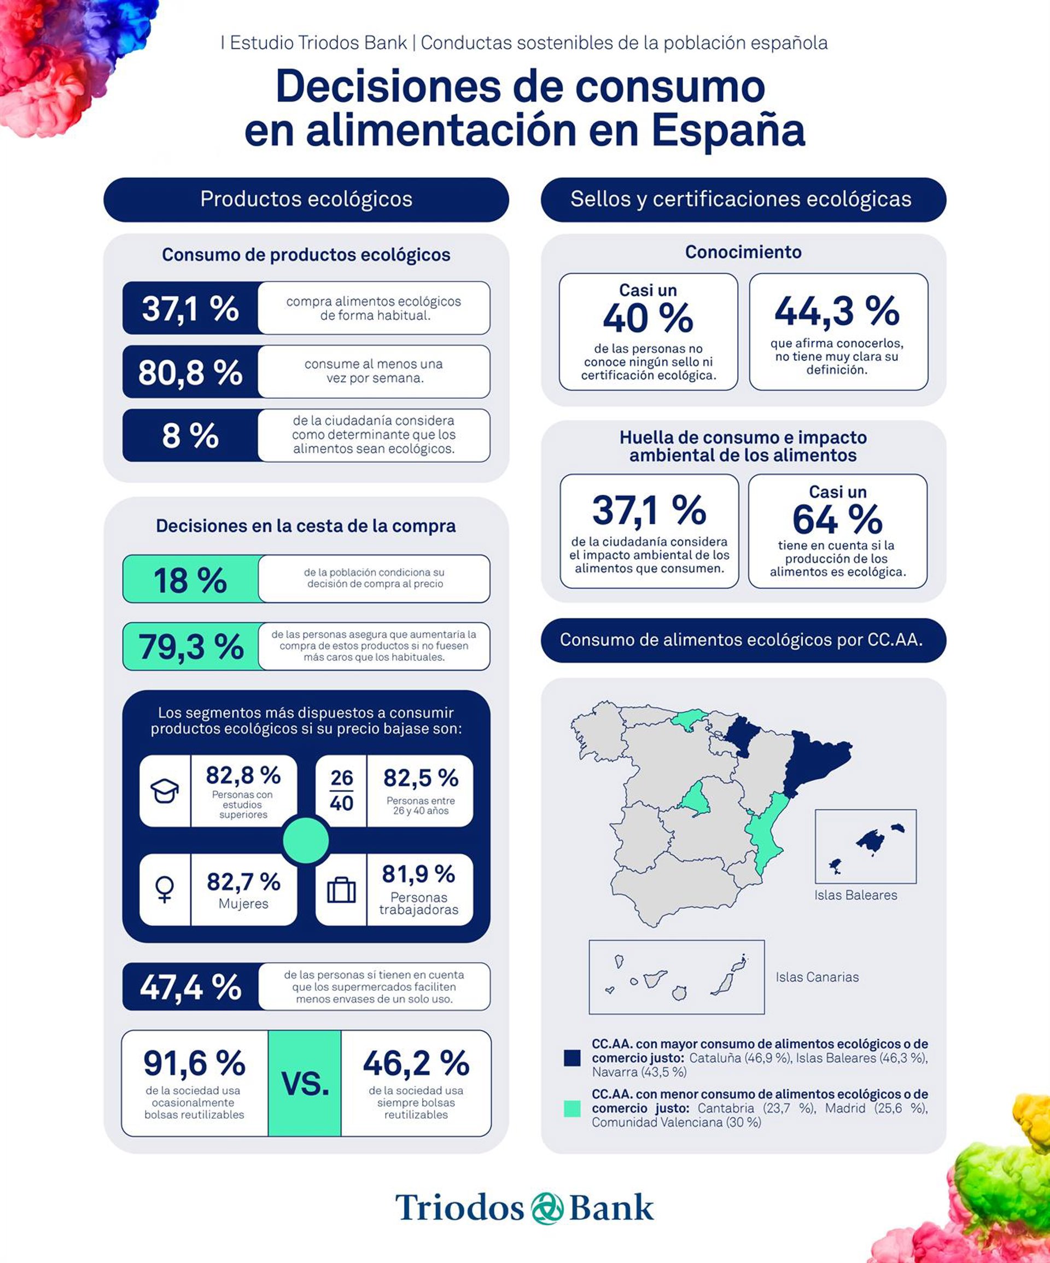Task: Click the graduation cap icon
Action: pyautogui.click(x=164, y=791)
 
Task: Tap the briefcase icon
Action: pyautogui.click(x=341, y=890)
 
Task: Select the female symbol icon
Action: pyautogui.click(x=164, y=890)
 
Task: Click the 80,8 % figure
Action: pyautogui.click(x=190, y=372)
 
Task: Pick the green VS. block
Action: pyautogui.click(x=305, y=1083)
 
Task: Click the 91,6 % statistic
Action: pyautogui.click(x=194, y=1063)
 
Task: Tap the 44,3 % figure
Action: pyautogui.click(x=837, y=311)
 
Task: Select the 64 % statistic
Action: pyautogui.click(x=837, y=518)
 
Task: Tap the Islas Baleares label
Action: pyautogui.click(x=856, y=895)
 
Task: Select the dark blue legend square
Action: pyautogui.click(x=571, y=1058)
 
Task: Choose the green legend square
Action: pyautogui.click(x=571, y=1108)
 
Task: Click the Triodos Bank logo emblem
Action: pyautogui.click(x=547, y=1208)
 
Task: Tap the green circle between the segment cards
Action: pyautogui.click(x=306, y=840)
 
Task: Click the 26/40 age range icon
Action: pyautogui.click(x=341, y=791)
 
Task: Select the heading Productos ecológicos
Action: pyautogui.click(x=306, y=199)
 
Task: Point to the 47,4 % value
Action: pyautogui.click(x=191, y=987)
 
